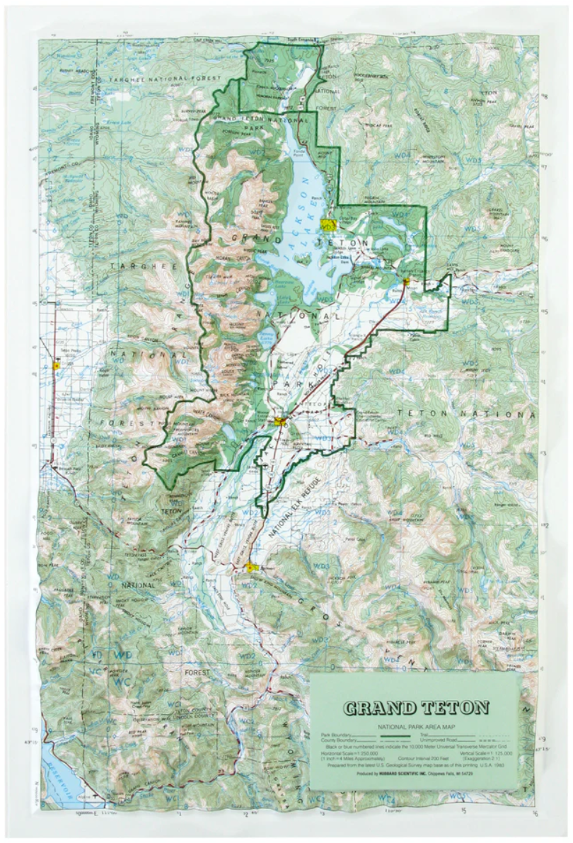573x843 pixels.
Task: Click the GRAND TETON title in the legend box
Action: [416, 706]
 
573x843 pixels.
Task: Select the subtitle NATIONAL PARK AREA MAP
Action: [416, 726]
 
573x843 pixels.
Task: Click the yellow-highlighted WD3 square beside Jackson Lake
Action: [327, 226]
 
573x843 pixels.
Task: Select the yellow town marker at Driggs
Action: [56, 366]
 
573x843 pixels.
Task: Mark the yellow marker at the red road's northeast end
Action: [406, 282]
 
